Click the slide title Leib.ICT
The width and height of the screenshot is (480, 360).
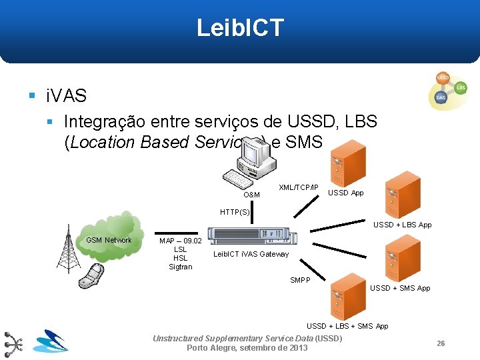pos(240,28)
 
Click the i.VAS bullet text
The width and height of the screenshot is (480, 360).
pos(66,96)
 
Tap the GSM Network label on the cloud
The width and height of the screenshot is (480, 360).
pos(109,240)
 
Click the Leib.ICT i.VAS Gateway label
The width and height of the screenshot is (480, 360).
pos(251,254)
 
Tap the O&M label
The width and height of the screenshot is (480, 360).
pos(252,195)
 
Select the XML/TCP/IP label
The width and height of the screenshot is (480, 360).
pos(298,187)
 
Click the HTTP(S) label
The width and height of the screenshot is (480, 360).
pos(235,212)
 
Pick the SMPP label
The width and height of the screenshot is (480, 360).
pos(300,280)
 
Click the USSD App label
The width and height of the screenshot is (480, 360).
pos(346,193)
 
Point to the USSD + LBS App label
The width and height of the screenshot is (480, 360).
pos(402,225)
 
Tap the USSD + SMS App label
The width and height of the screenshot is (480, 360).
pos(400,288)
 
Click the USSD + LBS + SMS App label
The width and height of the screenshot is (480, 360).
pos(347,326)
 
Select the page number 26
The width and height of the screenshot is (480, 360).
pos(441,343)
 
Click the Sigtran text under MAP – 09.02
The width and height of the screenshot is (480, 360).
pos(180,267)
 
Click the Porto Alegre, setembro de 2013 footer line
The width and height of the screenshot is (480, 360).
pos(247,348)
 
